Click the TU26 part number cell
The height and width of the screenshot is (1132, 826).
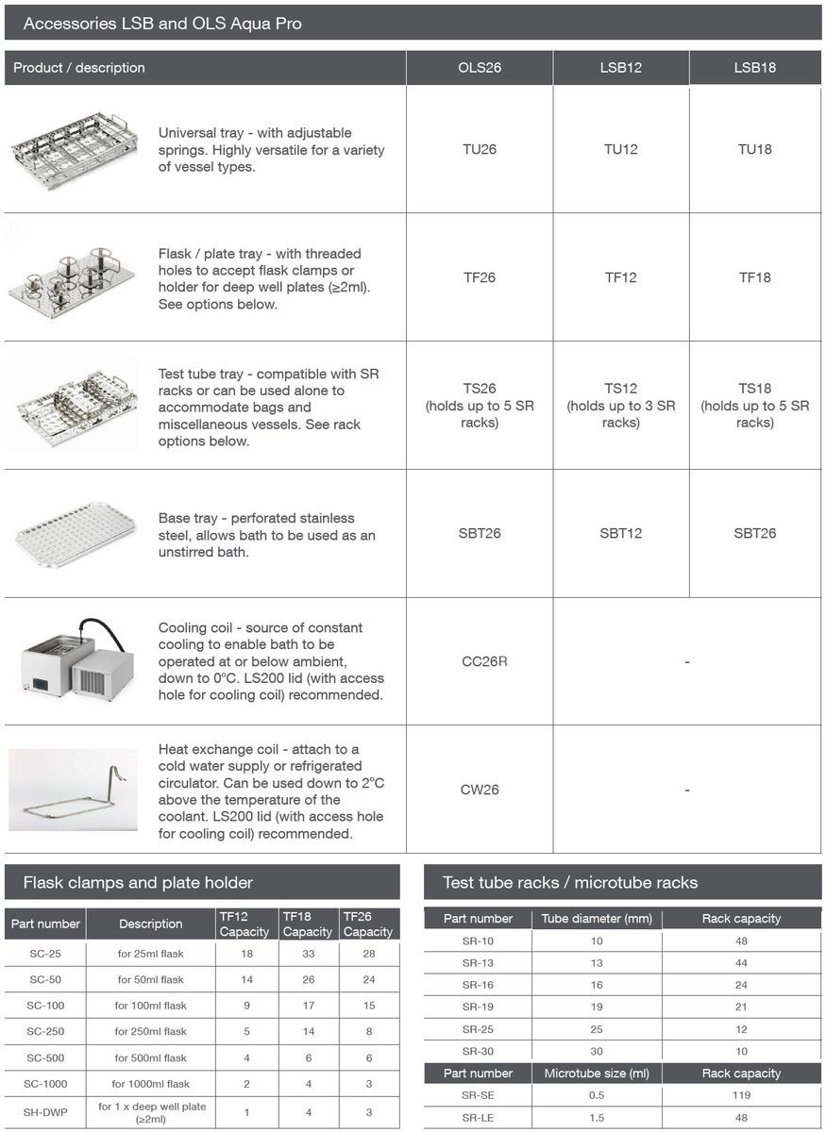(480, 149)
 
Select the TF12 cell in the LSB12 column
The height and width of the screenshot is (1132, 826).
(620, 277)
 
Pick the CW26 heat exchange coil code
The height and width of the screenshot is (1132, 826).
(480, 790)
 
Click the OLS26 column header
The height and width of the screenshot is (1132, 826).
(480, 68)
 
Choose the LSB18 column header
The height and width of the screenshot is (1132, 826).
(754, 68)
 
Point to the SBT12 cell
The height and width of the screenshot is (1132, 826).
(620, 533)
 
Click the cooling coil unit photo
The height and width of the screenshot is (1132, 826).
(73, 660)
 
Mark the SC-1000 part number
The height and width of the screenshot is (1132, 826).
(45, 1084)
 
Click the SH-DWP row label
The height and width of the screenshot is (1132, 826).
(45, 1112)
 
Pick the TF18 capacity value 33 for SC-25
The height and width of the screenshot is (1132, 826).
(307, 954)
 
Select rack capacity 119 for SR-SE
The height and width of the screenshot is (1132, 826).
(741, 1095)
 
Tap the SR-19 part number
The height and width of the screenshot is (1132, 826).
(478, 1007)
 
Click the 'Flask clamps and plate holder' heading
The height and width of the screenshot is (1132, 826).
(138, 883)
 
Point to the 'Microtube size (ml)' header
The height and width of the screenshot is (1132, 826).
(597, 1074)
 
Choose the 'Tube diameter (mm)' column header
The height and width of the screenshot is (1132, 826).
(597, 919)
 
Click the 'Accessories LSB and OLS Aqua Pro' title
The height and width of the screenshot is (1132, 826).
(162, 24)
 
